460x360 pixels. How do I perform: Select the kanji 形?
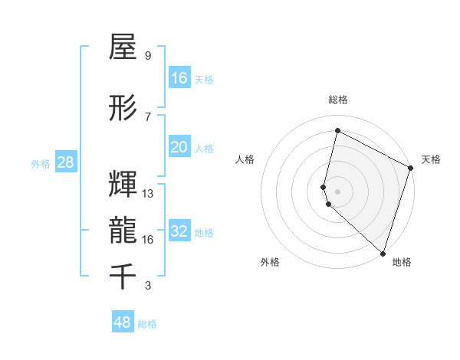123,108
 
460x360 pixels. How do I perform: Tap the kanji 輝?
123,184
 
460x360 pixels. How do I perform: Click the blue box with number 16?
179,78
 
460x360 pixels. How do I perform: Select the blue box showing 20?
179,147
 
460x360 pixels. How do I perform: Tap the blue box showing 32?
179,231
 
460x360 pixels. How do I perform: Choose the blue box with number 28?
65,162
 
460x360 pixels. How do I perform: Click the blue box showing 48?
123,322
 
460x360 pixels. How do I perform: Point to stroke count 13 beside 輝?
148,194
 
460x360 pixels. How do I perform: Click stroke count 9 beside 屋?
147,56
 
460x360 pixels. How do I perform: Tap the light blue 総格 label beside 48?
147,324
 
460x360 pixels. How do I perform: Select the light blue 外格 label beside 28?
41,164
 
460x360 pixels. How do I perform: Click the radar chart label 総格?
337,100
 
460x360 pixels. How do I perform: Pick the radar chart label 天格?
431,159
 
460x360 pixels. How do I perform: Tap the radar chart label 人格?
245,159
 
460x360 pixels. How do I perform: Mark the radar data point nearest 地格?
383,254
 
